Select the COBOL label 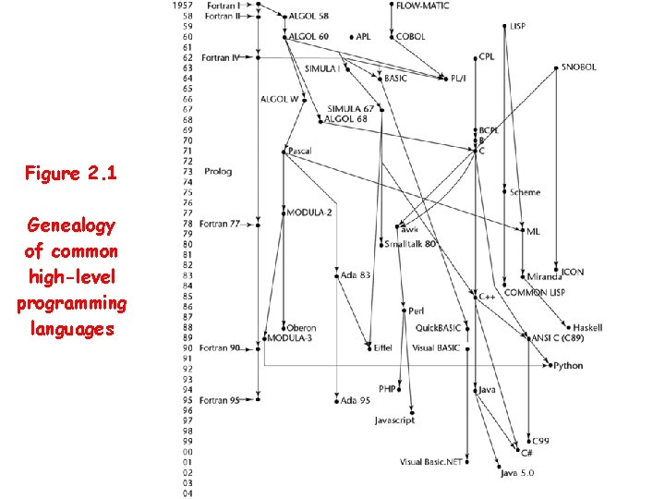tap(411, 37)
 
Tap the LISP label tap(517, 27)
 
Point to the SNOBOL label tap(579, 67)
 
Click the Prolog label tap(218, 171)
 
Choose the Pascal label tap(299, 151)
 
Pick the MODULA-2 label tap(309, 213)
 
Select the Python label tap(568, 366)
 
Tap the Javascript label tap(394, 420)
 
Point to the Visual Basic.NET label tap(430, 462)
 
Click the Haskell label tap(587, 328)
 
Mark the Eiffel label tap(381, 348)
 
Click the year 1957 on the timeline tap(182, 6)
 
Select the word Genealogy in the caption tap(71, 225)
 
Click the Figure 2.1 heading tap(71, 173)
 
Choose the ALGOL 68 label tap(346, 119)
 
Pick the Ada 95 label tap(356, 400)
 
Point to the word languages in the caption tap(71, 328)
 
